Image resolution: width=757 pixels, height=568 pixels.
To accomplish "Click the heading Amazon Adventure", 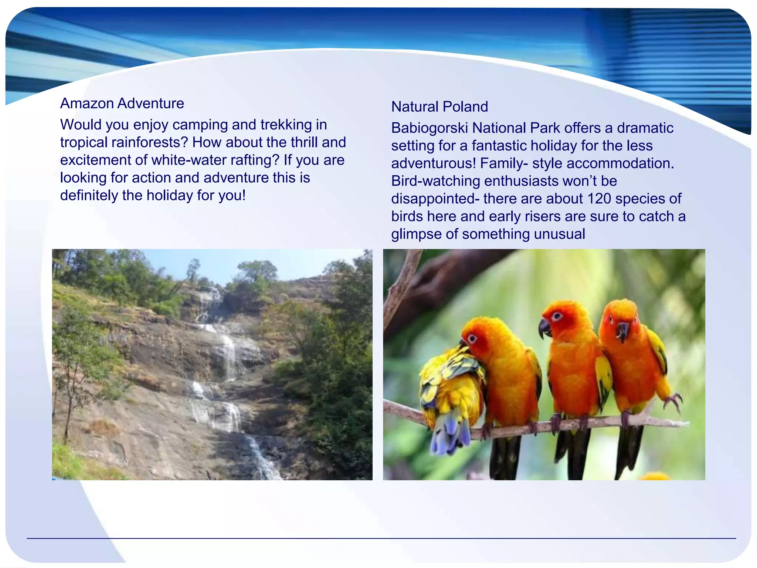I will point(122,103).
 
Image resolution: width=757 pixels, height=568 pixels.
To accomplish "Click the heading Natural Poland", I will point(439,106).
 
